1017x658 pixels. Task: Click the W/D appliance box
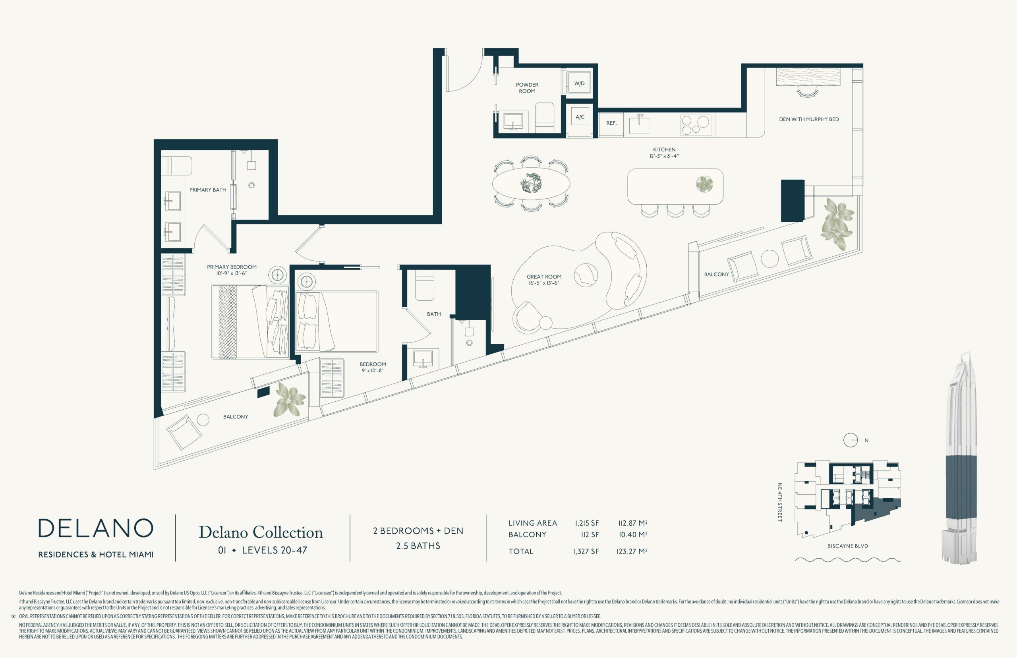[x=579, y=83]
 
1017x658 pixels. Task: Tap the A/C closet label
[x=580, y=117]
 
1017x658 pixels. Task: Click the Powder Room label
[x=527, y=87]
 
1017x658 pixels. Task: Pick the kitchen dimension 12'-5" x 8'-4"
[x=664, y=156]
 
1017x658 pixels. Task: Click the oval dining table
[x=531, y=184]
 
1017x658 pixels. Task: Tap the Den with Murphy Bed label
[x=808, y=119]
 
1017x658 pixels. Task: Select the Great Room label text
[x=544, y=277]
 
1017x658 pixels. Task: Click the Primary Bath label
[x=208, y=190]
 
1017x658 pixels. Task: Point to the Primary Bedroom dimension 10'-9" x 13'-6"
[x=232, y=273]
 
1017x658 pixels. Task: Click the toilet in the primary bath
[x=176, y=166]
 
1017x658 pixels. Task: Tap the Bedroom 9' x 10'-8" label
[x=373, y=368]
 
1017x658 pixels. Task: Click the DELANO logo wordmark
[x=96, y=528]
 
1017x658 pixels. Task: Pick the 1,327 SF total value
[x=586, y=551]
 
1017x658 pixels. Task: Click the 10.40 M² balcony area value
[x=633, y=534]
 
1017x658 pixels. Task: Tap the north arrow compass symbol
[x=851, y=440]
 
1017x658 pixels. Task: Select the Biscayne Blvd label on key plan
[x=847, y=546]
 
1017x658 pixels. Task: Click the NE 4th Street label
[x=779, y=502]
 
